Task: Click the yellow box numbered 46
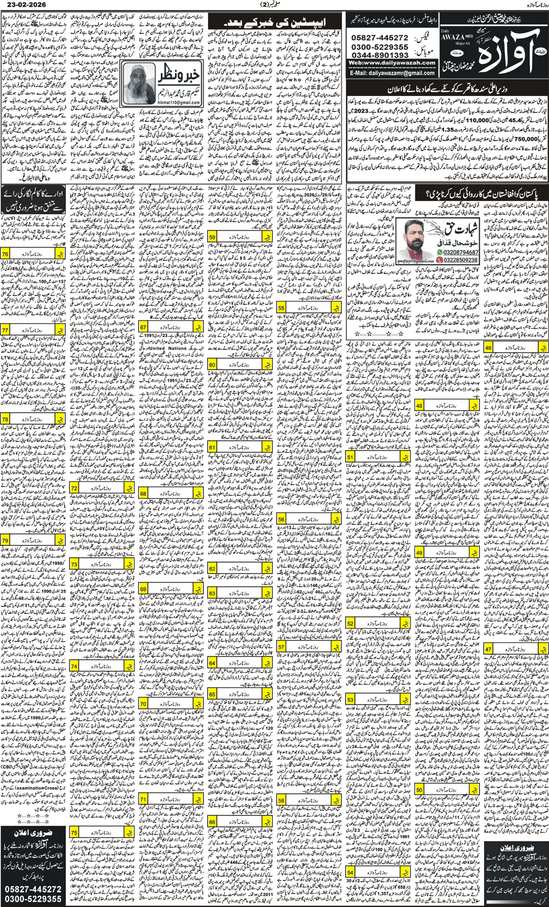488,347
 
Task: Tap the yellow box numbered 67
144,327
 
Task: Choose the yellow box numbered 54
350,872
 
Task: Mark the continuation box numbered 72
74,488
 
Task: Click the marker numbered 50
419,789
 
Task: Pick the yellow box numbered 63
213,593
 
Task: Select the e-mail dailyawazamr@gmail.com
392,73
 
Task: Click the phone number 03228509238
461,260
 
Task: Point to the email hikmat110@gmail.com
179,102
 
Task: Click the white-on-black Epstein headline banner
275,22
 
